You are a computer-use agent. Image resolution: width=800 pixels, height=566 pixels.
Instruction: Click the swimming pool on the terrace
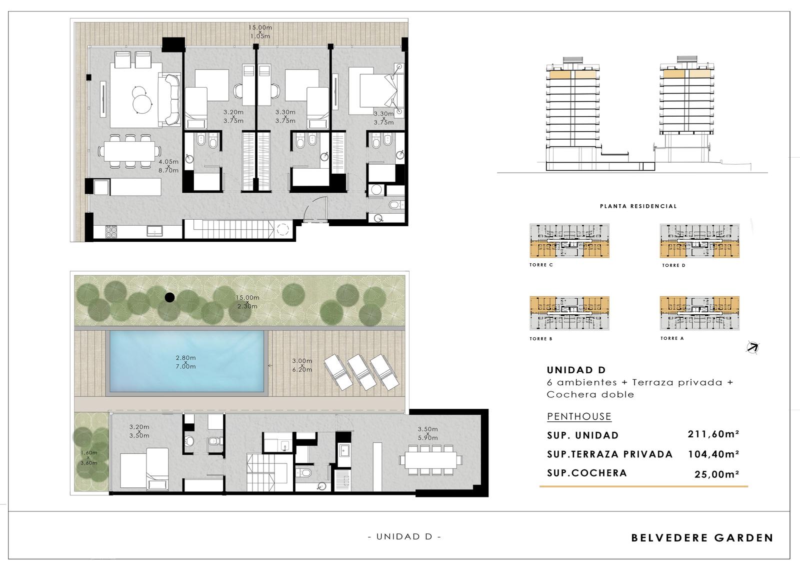tap(186, 361)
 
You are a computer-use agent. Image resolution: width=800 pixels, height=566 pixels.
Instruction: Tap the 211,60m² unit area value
tap(713, 434)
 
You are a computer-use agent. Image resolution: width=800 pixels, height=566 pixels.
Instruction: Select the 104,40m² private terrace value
tap(713, 454)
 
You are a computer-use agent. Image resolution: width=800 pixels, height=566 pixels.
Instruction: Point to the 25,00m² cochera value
tap(716, 474)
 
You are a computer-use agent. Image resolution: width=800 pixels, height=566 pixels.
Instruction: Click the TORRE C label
tap(541, 265)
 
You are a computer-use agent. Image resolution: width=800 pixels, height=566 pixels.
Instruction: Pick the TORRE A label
tap(672, 338)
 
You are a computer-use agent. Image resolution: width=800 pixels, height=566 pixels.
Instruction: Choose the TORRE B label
tap(540, 339)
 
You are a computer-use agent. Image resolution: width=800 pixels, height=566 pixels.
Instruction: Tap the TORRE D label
tap(673, 265)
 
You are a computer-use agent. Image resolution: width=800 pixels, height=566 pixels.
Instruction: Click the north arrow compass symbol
tap(752, 347)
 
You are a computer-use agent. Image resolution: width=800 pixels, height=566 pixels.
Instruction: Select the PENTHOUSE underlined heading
tap(579, 416)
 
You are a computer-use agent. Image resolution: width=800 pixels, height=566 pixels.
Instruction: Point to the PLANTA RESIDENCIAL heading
tap(638, 206)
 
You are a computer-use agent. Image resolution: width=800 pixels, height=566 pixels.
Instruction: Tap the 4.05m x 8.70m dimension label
tap(168, 166)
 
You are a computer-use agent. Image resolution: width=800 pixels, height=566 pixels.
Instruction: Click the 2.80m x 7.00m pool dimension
tap(185, 362)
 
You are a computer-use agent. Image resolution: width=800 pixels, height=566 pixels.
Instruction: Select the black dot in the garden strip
tap(169, 297)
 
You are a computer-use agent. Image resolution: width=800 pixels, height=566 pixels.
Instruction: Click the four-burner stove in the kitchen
tap(110, 232)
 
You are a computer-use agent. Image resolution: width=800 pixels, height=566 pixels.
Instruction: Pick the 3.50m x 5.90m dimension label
tap(427, 433)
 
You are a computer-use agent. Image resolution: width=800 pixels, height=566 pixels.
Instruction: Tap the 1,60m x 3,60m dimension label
tap(88, 458)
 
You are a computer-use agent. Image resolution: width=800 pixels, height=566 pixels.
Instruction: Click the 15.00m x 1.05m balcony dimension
tap(260, 32)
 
